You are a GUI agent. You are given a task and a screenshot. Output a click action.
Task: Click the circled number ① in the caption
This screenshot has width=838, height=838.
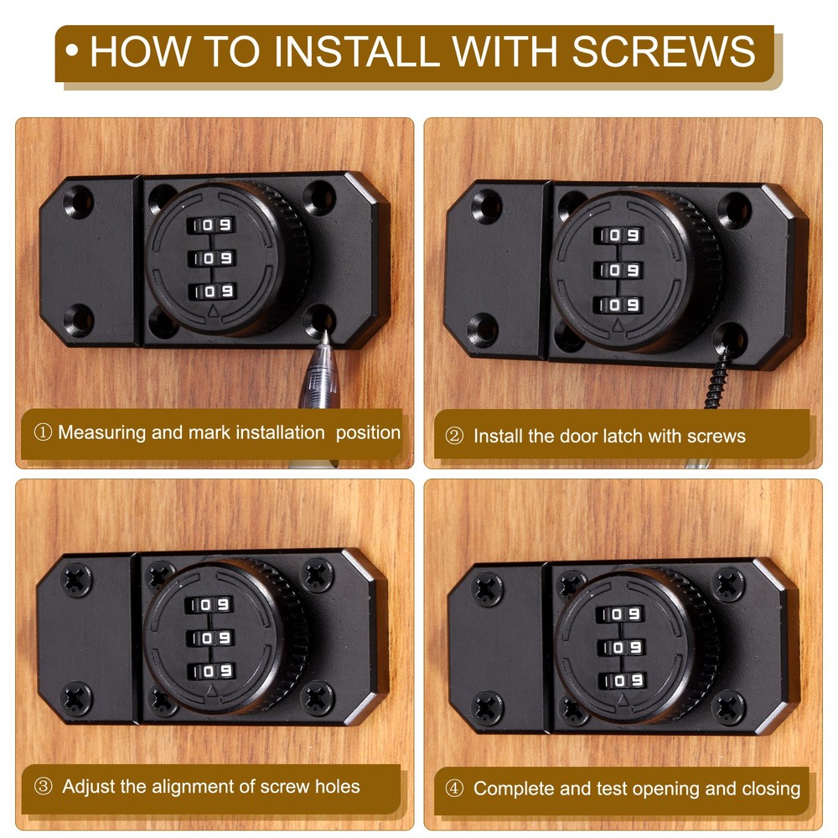[42, 433]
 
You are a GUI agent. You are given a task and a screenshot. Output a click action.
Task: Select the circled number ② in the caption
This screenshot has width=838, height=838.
[454, 437]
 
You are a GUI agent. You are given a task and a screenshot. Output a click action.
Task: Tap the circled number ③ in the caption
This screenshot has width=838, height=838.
[44, 787]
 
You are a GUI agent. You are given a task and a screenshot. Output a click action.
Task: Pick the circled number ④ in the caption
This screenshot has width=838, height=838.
[454, 789]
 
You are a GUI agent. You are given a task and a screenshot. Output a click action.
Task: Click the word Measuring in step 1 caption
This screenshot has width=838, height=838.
[101, 433]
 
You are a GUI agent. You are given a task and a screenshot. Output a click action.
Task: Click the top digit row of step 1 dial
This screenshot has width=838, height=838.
[212, 225]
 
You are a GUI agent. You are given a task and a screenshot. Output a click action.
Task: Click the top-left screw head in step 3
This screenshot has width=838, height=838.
[77, 578]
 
